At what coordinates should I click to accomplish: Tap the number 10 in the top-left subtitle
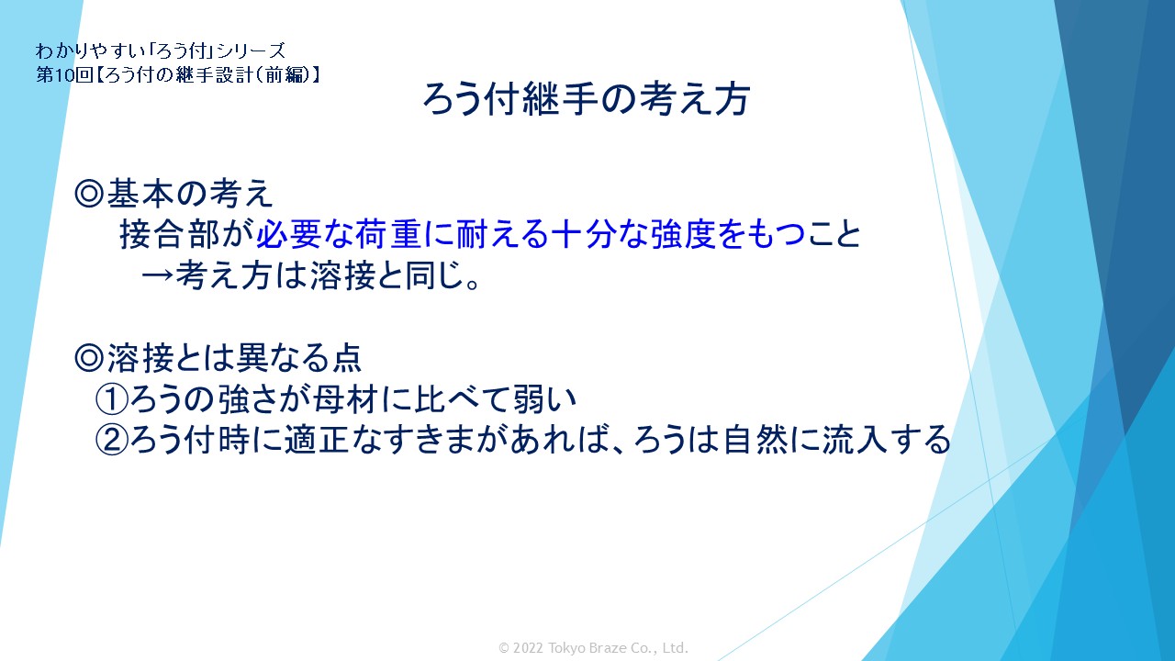tap(61, 75)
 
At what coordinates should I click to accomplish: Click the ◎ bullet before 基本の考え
tap(89, 194)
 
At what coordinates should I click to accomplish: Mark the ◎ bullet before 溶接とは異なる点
tap(89, 358)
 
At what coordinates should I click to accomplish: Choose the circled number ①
tap(111, 399)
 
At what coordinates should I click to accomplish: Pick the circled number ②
tap(111, 440)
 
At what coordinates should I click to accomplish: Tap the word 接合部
tap(170, 233)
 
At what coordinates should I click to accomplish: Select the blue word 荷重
tap(388, 233)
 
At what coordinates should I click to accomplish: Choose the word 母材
tap(345, 399)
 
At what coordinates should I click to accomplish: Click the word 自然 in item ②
tap(755, 440)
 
